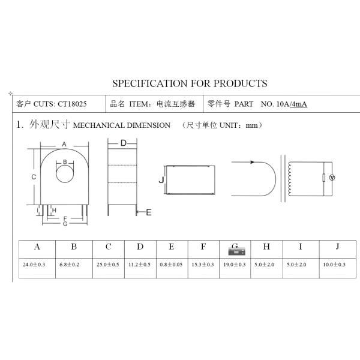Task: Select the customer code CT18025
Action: point(72,104)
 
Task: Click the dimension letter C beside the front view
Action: point(34,177)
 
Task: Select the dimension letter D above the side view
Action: point(122,143)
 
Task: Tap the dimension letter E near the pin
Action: point(149,212)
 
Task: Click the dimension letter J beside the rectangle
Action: point(161,180)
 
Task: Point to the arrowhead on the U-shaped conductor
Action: point(253,161)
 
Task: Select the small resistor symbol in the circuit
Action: point(324,178)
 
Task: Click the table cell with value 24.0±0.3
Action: point(37,264)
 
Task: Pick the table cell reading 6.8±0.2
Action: point(74,264)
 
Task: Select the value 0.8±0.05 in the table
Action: point(172,264)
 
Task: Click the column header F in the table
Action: point(203,247)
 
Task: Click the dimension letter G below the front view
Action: point(64,224)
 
